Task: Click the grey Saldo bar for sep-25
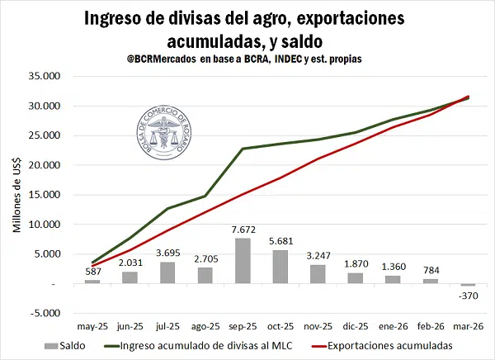click(243, 261)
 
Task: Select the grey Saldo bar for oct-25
click(280, 267)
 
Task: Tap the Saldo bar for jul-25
click(168, 272)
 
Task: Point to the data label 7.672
click(243, 230)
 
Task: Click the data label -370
click(467, 296)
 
